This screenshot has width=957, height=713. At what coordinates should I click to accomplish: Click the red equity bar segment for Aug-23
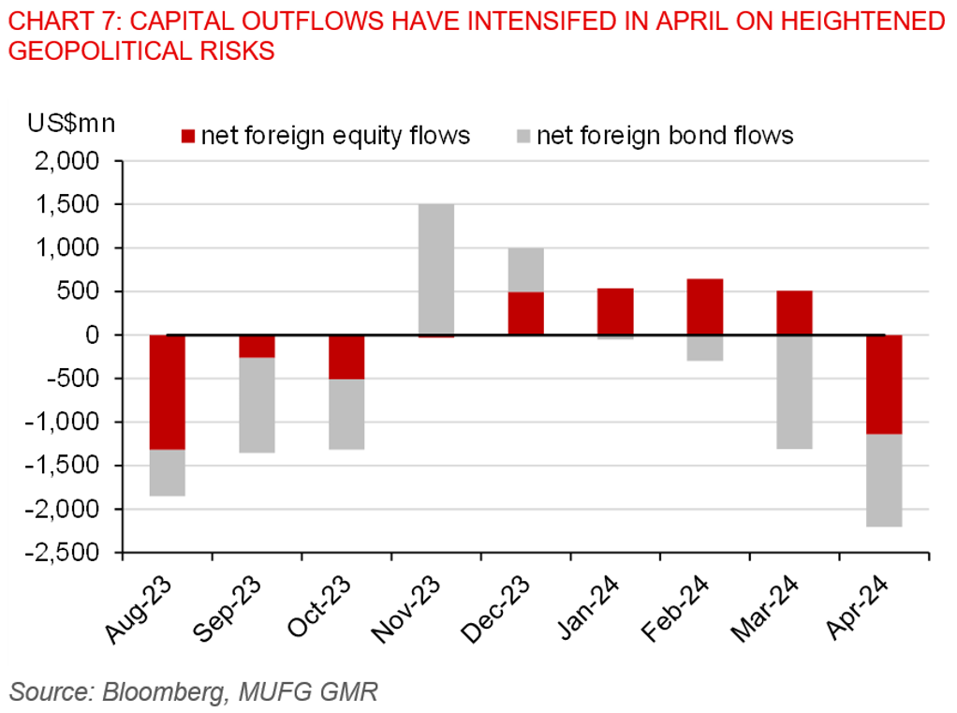point(168,392)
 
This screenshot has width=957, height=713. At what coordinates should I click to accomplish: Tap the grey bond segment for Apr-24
point(884,480)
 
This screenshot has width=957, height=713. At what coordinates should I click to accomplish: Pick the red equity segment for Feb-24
point(704,306)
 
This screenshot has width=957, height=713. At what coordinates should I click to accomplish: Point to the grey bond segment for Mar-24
point(794,392)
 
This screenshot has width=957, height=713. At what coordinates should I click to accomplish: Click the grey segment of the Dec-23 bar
point(525,270)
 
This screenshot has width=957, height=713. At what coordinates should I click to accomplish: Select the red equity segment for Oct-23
point(346,357)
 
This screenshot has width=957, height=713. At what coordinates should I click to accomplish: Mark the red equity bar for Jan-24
point(615,311)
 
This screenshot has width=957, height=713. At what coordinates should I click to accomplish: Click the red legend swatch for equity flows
point(187,137)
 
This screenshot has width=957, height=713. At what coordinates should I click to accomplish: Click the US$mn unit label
point(71,123)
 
